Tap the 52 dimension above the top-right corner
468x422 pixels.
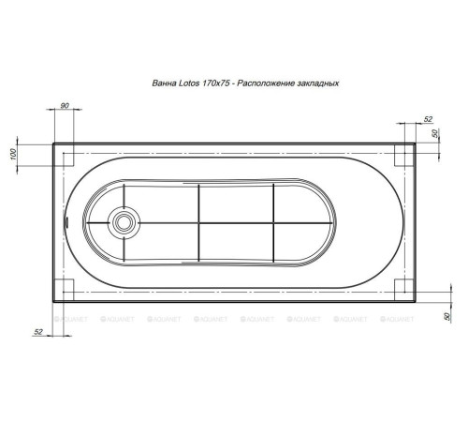[x=428, y=119]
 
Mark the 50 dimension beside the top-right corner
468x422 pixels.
[x=437, y=134]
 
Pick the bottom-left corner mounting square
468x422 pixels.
[x=66, y=288]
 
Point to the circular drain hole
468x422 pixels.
[x=124, y=222]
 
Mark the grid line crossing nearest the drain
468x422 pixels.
[x=199, y=222]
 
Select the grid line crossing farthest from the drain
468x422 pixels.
[x=273, y=222]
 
